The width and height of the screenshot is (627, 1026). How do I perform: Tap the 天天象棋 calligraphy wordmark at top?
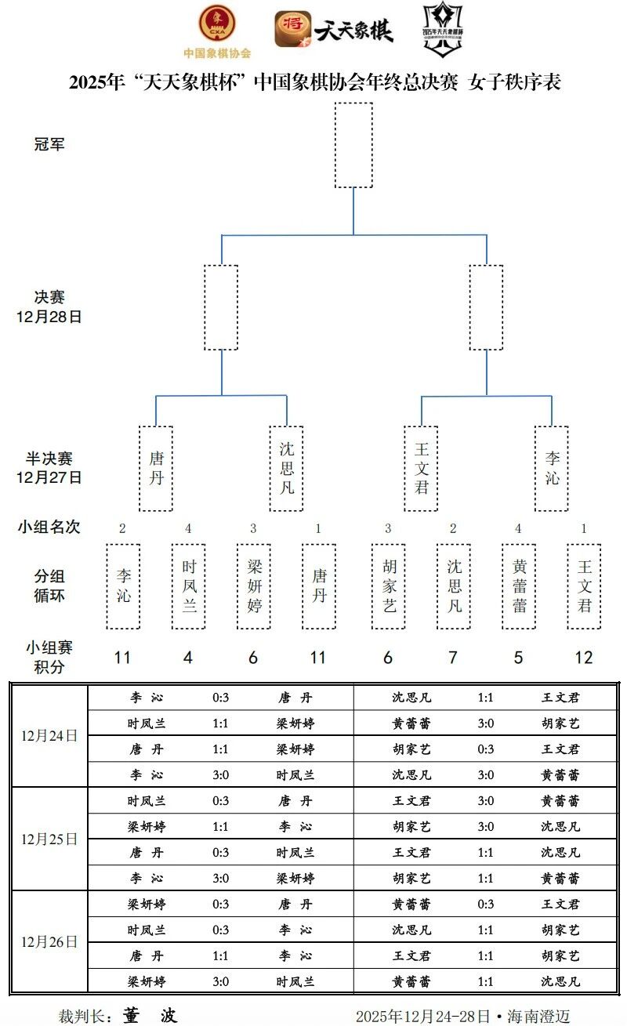pyautogui.click(x=353, y=30)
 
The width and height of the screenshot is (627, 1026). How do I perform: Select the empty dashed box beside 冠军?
pyautogui.click(x=353, y=145)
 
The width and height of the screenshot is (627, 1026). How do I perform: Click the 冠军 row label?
pyautogui.click(x=49, y=145)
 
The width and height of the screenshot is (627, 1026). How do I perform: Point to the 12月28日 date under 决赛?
pyautogui.click(x=49, y=317)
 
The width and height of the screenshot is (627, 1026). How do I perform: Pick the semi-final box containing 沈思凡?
pyautogui.click(x=286, y=468)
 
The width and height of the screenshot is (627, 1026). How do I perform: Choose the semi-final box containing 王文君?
pyautogui.click(x=422, y=468)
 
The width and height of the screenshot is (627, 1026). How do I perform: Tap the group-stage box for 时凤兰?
pyautogui.click(x=188, y=586)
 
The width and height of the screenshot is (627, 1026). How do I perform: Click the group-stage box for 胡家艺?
pyautogui.click(x=389, y=586)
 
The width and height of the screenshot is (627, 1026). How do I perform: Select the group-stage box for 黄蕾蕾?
pyautogui.click(x=519, y=586)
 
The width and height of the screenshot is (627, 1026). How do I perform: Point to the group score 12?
pyautogui.click(x=584, y=658)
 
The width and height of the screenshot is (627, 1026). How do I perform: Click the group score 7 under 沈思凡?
pyautogui.click(x=453, y=658)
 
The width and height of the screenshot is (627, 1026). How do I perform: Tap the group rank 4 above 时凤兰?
pyautogui.click(x=188, y=528)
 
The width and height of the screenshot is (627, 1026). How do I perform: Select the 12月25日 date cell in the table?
pyautogui.click(x=49, y=839)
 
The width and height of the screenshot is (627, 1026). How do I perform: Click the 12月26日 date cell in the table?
pyautogui.click(x=49, y=941)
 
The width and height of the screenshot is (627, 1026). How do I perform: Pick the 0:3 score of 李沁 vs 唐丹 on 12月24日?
pyautogui.click(x=221, y=698)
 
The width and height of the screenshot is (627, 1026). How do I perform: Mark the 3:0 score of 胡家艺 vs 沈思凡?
pyautogui.click(x=486, y=826)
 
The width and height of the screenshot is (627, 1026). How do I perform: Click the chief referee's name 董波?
pyautogui.click(x=150, y=1016)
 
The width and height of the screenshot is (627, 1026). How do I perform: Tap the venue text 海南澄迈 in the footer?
pyautogui.click(x=538, y=1017)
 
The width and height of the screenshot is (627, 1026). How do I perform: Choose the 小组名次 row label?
pyautogui.click(x=49, y=528)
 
